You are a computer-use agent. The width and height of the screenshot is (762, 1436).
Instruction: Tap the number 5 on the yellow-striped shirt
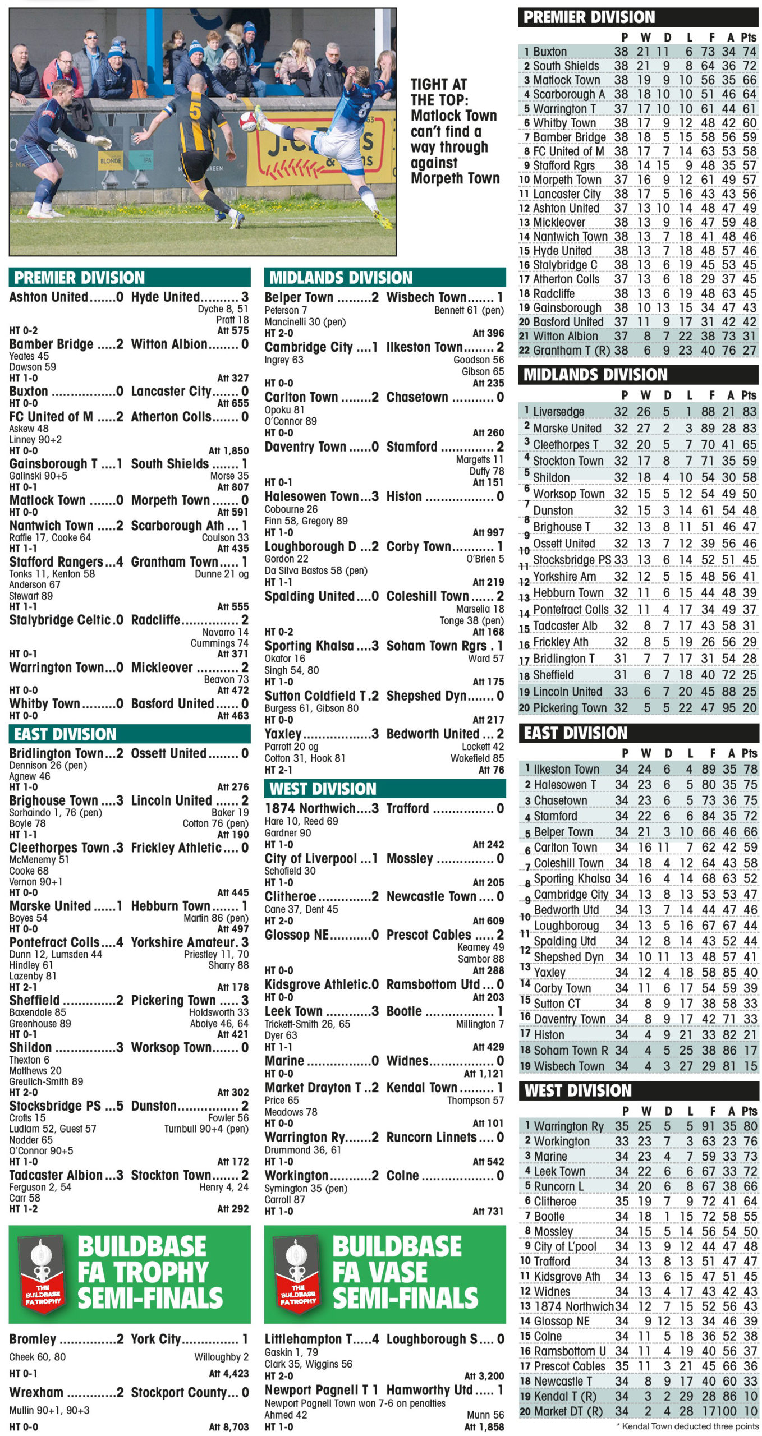pos(195,111)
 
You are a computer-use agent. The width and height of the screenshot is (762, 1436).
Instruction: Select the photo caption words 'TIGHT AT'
pos(438,84)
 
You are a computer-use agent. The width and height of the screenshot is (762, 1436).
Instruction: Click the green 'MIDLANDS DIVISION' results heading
pos(341,278)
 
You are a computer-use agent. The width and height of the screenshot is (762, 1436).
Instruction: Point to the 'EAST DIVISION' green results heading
pos(65,734)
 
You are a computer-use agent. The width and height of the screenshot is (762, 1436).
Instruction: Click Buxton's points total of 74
pos(749,52)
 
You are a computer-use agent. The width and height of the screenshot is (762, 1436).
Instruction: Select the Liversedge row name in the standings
pos(558,412)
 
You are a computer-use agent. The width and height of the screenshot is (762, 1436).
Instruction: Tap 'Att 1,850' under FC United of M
pos(228,450)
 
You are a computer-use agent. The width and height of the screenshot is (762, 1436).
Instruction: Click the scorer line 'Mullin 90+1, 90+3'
pos(49,1410)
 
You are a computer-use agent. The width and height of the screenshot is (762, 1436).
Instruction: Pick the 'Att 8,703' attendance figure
pos(228,1426)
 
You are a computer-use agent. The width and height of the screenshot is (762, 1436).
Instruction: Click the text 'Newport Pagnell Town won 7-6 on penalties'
pos(355,1403)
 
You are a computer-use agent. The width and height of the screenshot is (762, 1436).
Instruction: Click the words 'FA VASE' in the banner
pos(380,1272)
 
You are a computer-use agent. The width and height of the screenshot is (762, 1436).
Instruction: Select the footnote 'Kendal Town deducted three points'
pos(690,1426)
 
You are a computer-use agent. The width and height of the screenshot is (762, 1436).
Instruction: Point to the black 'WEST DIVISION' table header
pos(578,1090)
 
